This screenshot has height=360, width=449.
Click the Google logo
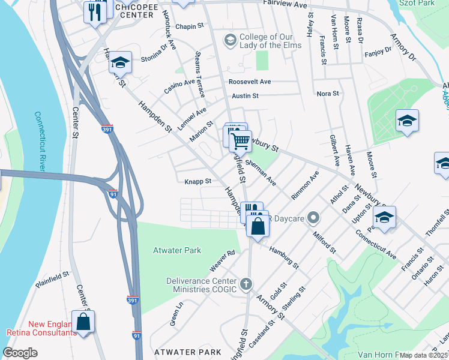tap(20, 353)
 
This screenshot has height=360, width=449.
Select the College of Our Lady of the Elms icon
tap(229, 40)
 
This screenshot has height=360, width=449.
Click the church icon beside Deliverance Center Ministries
tap(245, 283)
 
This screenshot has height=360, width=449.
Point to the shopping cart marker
tap(240, 141)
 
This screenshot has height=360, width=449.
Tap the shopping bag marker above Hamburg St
tap(258, 226)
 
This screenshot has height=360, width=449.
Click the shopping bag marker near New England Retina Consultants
tap(83, 321)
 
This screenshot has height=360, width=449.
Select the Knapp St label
tap(198, 181)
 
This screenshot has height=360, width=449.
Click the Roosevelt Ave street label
tap(250, 82)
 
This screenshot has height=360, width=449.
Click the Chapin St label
tap(191, 27)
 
